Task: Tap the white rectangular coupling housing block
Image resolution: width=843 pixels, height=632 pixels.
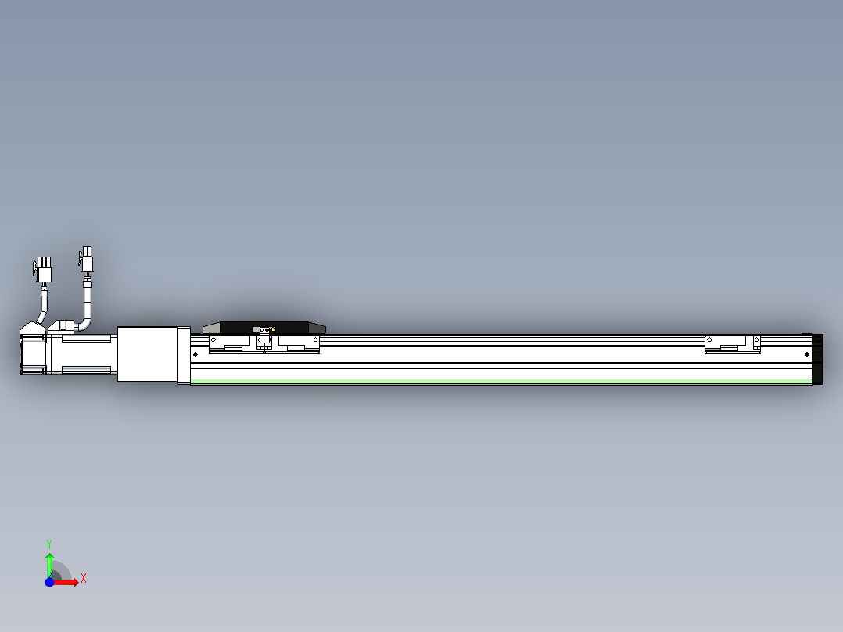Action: tap(146, 354)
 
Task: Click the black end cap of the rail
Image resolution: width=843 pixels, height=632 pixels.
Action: tap(818, 358)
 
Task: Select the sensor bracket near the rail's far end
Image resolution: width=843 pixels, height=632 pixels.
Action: tap(732, 344)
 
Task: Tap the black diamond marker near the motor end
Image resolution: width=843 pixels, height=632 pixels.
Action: tap(196, 354)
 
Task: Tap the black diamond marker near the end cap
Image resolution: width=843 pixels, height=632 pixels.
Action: tap(807, 354)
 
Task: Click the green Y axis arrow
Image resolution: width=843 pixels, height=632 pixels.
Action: tap(49, 562)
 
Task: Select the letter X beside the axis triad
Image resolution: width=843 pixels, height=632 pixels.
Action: tap(83, 578)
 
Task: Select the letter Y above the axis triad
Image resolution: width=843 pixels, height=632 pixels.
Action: tap(49, 543)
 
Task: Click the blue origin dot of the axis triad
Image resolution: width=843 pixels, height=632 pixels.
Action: tap(49, 582)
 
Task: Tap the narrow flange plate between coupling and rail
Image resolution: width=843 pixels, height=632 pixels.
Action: tap(184, 355)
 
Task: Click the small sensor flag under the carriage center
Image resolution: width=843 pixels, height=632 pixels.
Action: tap(264, 343)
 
